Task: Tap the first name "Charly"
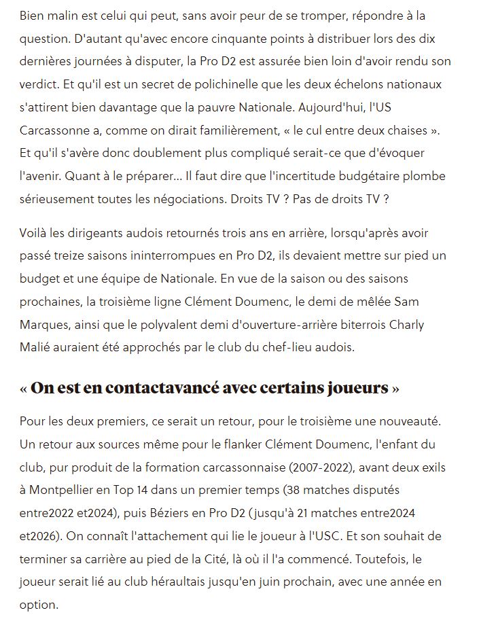pos(407,325)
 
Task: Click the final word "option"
pos(39,605)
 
